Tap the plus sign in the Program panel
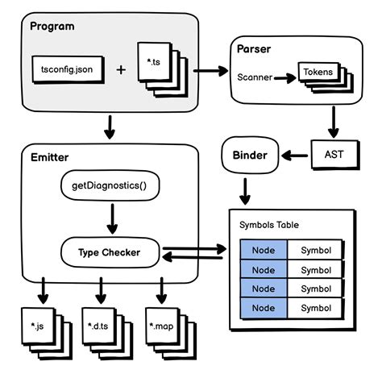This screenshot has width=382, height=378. [x=121, y=69]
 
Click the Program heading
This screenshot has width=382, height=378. [x=52, y=26]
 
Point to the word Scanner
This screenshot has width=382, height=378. [x=256, y=78]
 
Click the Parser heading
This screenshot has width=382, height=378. [x=253, y=49]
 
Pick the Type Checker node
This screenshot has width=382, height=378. [x=109, y=252]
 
